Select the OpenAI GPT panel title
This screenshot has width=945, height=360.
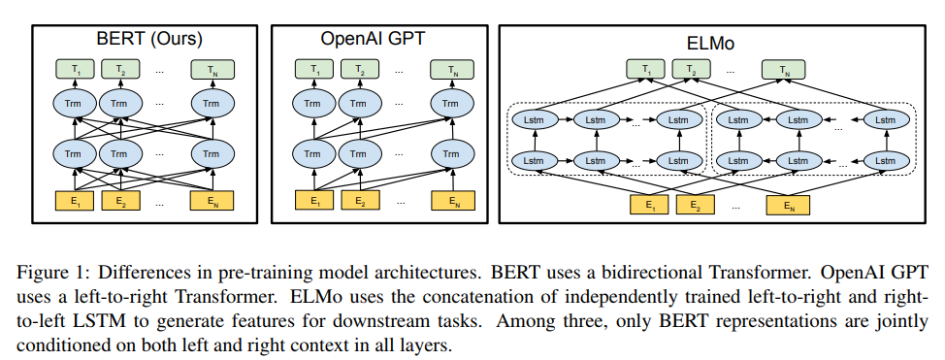(374, 40)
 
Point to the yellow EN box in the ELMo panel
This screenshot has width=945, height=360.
(787, 205)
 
